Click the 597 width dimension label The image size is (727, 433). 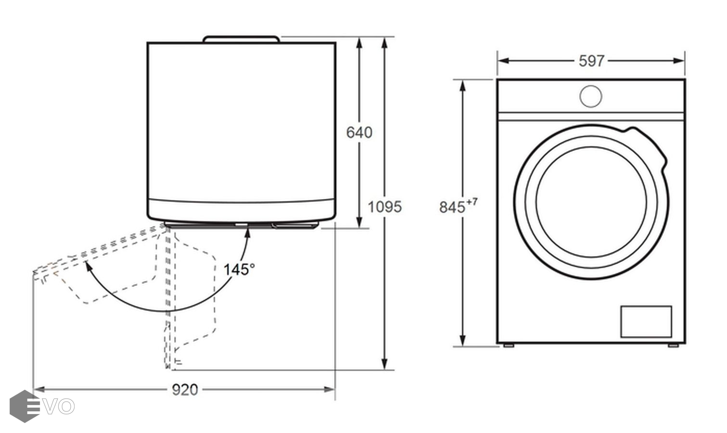click(x=591, y=61)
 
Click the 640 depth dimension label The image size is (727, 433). click(x=359, y=132)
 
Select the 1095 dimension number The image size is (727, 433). click(x=384, y=207)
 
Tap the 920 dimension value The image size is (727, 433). click(x=185, y=390)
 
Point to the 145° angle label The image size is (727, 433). click(x=239, y=269)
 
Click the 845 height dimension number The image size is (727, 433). click(x=452, y=207)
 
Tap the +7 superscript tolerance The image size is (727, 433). click(x=472, y=202)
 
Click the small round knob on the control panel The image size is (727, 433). click(x=591, y=96)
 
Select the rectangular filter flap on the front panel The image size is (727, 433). click(x=646, y=321)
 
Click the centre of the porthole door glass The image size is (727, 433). click(x=591, y=202)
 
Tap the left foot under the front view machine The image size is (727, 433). click(x=509, y=345)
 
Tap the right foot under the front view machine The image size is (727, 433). click(x=674, y=345)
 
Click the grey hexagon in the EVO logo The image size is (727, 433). click(x=25, y=406)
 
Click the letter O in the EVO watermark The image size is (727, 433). click(x=66, y=407)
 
